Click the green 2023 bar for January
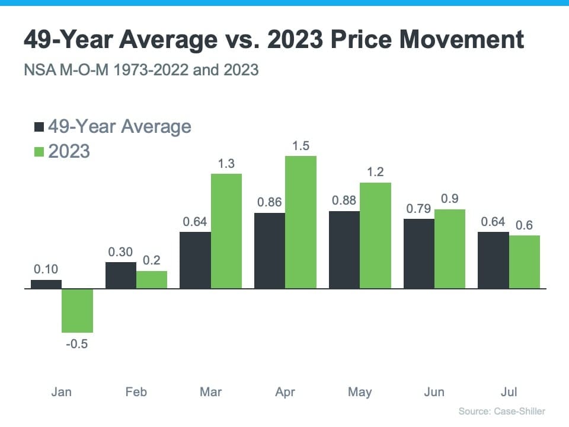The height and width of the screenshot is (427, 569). (78, 311)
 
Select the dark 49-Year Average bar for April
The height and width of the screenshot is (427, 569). (270, 251)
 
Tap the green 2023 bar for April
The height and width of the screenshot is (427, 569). (301, 222)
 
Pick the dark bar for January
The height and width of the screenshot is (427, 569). (46, 285)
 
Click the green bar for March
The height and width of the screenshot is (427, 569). (226, 231)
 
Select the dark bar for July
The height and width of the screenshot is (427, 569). (493, 260)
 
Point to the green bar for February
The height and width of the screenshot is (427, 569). (152, 280)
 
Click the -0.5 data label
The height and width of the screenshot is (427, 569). (77, 344)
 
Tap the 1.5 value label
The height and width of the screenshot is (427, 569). (301, 146)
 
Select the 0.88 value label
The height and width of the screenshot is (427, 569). (344, 200)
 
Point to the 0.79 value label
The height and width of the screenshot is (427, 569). (418, 209)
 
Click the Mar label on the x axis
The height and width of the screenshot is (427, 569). (211, 392)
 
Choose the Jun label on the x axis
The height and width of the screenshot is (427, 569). (434, 392)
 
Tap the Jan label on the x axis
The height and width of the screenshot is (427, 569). (62, 392)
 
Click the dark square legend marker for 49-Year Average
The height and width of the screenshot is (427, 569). (40, 127)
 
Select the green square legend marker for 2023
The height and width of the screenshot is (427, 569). (40, 152)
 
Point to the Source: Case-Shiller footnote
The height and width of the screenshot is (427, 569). (501, 411)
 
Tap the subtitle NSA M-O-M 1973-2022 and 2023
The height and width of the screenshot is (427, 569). (141, 70)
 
